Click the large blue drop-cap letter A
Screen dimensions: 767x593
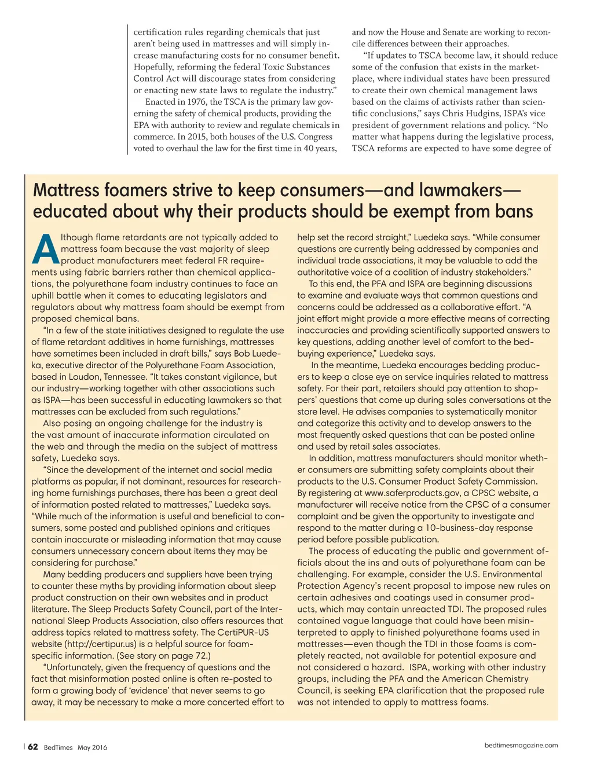click(46, 250)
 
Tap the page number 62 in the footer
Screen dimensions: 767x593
click(33, 747)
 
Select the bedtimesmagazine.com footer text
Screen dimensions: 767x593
click(521, 746)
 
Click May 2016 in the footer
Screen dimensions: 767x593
click(92, 747)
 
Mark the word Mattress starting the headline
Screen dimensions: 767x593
click(66, 190)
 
